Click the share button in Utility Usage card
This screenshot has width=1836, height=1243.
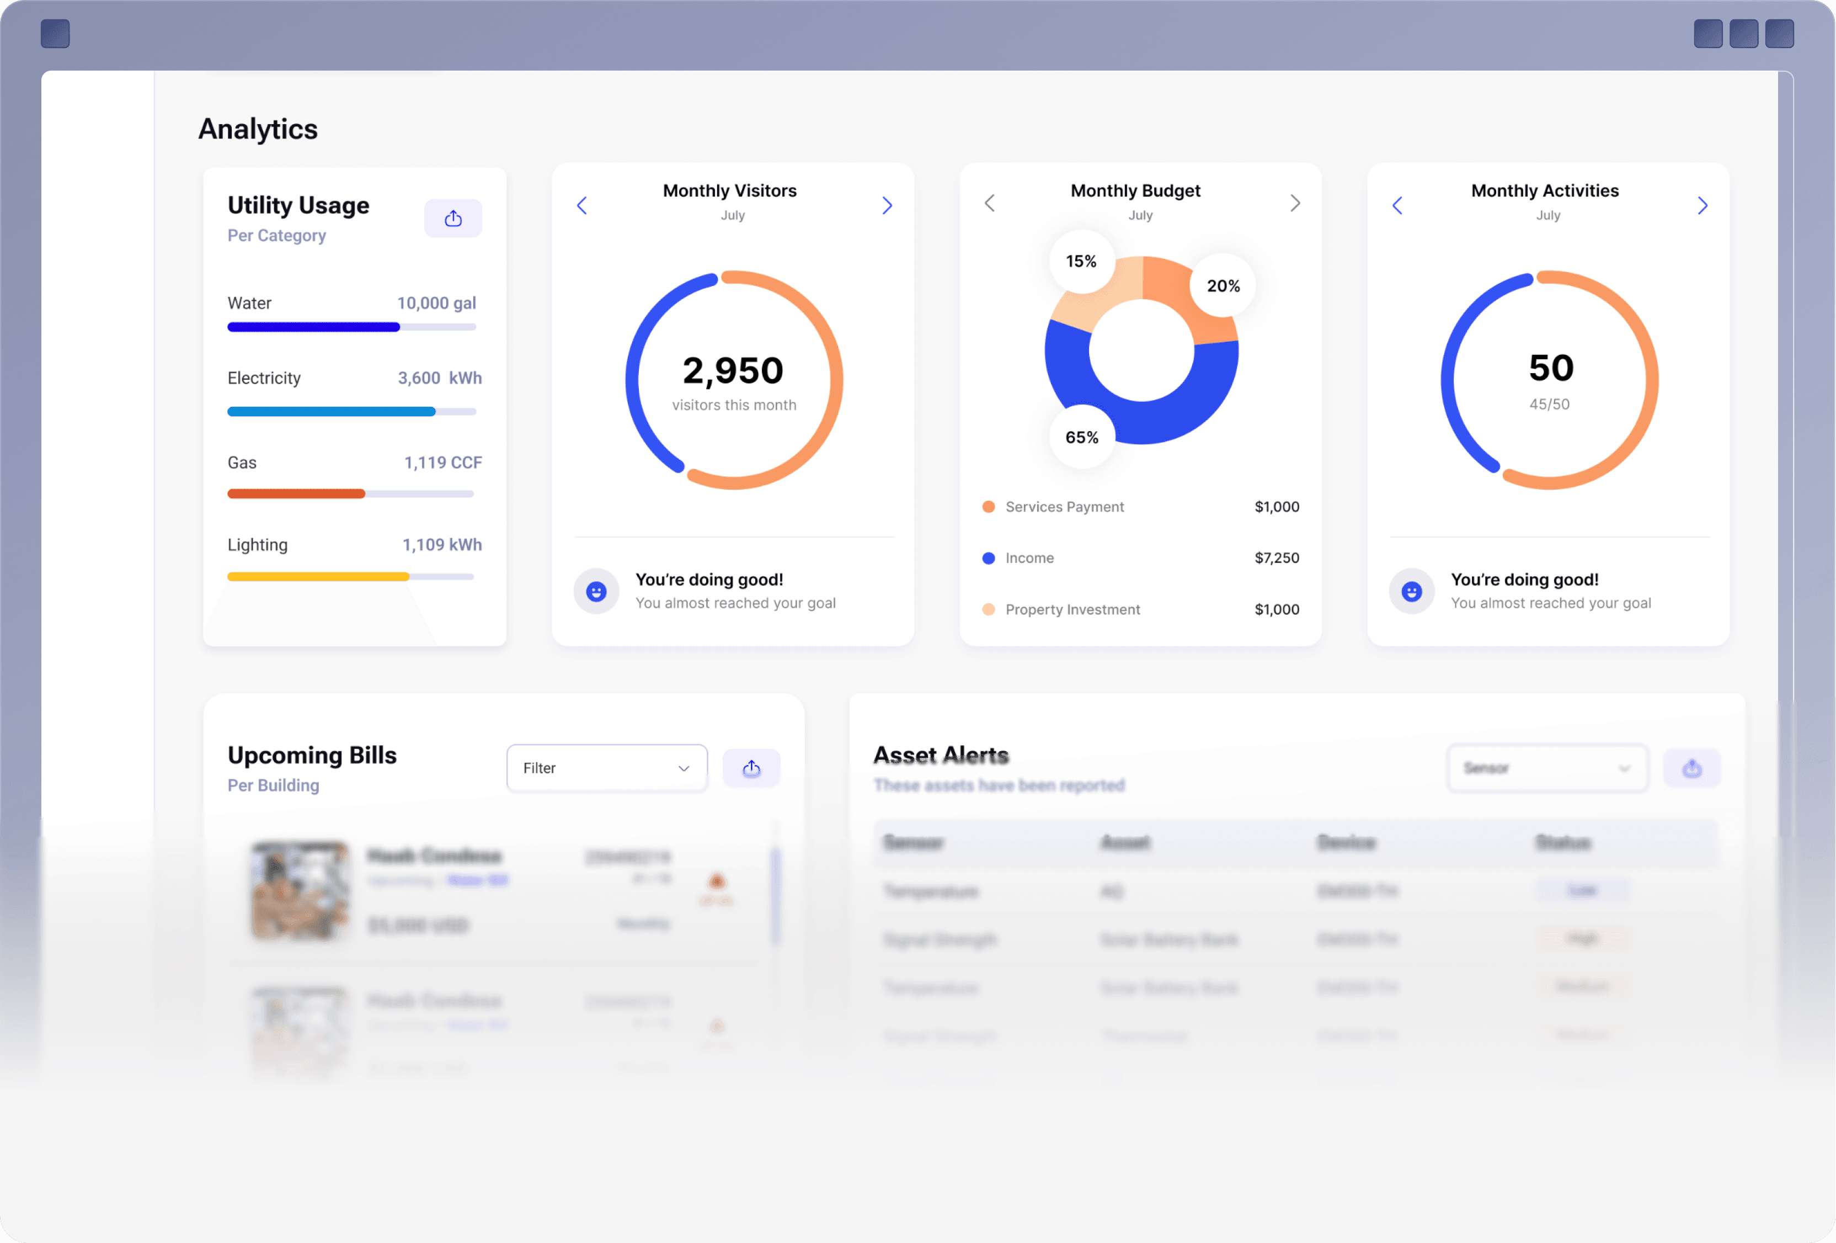[453, 218]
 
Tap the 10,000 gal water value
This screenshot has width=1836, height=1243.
[436, 304]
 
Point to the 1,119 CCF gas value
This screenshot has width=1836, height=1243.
[442, 463]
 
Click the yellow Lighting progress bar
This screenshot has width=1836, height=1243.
[318, 577]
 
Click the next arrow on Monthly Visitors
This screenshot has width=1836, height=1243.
[887, 205]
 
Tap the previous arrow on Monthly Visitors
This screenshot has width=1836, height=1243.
[582, 205]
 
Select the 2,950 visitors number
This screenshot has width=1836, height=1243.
[733, 370]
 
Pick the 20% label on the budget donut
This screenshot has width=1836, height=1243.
[1223, 286]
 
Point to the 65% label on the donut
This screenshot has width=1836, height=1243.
[1081, 438]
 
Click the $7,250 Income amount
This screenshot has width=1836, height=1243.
[1277, 558]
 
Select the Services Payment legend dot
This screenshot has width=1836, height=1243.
[988, 507]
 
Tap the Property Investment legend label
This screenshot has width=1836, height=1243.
[1072, 609]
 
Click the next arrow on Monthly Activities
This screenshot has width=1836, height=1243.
[1702, 205]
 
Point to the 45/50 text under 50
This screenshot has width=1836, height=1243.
[1549, 405]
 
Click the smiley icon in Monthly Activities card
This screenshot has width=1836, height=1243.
[1412, 591]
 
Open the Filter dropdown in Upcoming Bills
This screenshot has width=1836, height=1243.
[607, 768]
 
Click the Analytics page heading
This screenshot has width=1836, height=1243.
[258, 129]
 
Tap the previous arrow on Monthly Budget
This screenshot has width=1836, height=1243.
[990, 203]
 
